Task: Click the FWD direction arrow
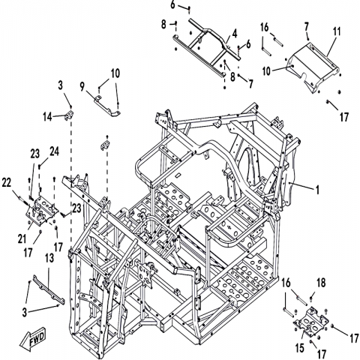click(x=33, y=341)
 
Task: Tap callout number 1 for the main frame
click(x=317, y=190)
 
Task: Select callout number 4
click(x=234, y=34)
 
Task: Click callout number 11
click(x=337, y=31)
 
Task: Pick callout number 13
click(x=49, y=258)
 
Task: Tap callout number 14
click(x=47, y=116)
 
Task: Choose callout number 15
click(x=300, y=348)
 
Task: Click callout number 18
click(x=321, y=283)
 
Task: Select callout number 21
click(x=22, y=239)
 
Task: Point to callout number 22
click(x=7, y=183)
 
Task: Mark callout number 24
click(x=55, y=151)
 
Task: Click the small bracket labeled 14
click(x=69, y=115)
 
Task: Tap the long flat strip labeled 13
click(x=49, y=289)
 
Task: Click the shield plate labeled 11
click(x=313, y=66)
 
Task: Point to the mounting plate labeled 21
click(x=42, y=210)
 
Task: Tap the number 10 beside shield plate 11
click(x=266, y=71)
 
